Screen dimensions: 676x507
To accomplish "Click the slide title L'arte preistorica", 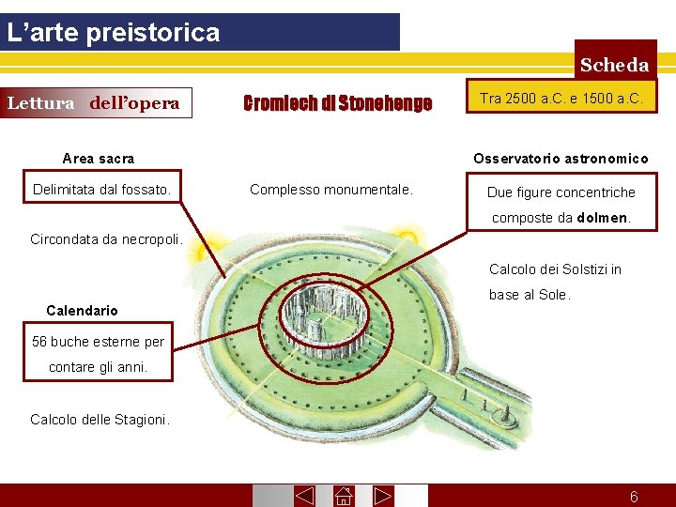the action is pos(113,33).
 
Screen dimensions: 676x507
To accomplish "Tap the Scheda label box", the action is pos(614,65).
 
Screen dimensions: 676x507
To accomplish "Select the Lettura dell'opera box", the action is pos(94,103).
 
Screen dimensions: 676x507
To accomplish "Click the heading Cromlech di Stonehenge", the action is pos(337,103).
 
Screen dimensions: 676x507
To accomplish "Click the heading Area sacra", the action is pos(98,159).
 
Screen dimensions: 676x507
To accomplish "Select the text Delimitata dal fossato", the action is pos(101,191).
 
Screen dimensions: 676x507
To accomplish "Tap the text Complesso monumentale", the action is pos(330,190).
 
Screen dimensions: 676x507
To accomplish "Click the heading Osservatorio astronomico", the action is pos(561,159).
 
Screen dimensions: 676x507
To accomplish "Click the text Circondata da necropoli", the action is pos(105,238).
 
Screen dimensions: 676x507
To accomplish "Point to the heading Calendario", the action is pos(82,311).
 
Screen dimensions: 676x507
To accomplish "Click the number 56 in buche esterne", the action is pos(39,342).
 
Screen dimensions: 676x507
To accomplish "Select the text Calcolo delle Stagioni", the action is pos(100,420).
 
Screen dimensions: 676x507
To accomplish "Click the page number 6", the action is pos(634,497).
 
